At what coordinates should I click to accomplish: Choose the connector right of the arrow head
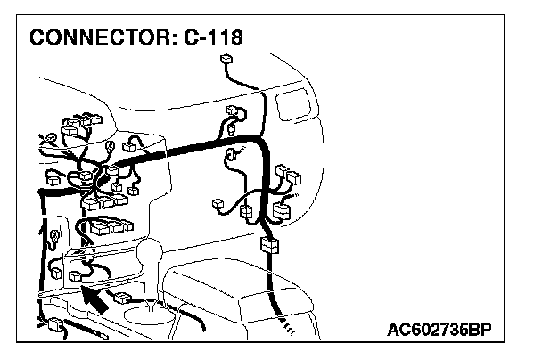tap(123, 296)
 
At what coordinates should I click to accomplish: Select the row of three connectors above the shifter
tap(107, 225)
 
